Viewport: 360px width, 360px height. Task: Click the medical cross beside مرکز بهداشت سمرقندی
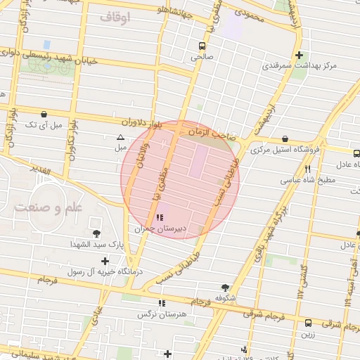pos(300,54)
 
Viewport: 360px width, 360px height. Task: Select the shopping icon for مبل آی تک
pos(44,113)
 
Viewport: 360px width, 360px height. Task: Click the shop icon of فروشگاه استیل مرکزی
pos(284,139)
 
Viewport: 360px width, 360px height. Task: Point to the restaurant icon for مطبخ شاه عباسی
pos(307,169)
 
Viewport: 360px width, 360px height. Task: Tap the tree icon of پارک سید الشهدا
pos(96,233)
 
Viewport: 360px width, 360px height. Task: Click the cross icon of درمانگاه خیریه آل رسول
pos(104,261)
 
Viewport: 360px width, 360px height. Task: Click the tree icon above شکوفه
pos(225,287)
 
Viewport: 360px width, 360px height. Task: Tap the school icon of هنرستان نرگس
pos(162,303)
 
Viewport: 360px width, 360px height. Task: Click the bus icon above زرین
pos(309,323)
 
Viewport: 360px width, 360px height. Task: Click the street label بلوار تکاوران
pos(72,138)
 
